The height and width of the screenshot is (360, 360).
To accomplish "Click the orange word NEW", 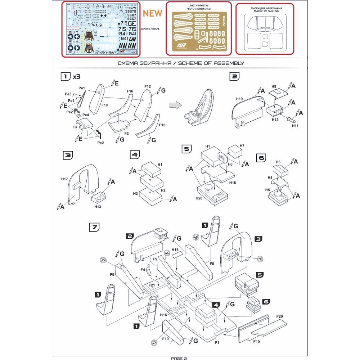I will pyautogui.click(x=153, y=13).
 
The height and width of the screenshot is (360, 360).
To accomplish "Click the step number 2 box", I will pyautogui.click(x=234, y=76).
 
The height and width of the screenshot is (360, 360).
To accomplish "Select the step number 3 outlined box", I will pyautogui.click(x=67, y=155).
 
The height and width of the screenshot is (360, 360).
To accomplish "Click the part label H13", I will pyautogui.click(x=98, y=207).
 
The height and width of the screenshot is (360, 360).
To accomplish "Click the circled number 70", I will pyautogui.click(x=260, y=259).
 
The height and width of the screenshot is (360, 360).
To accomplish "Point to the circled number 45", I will pyautogui.click(x=104, y=260).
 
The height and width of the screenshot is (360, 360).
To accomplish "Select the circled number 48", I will pyautogui.click(x=196, y=237).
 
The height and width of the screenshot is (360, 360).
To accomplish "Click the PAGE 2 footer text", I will pyautogui.click(x=179, y=358).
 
